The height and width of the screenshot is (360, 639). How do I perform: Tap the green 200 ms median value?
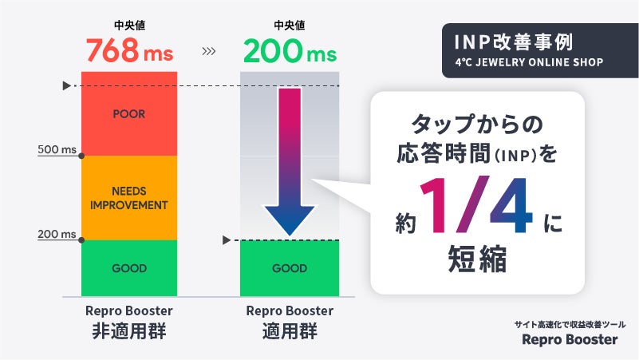point(289,52)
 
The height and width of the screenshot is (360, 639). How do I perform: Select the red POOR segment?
point(129,114)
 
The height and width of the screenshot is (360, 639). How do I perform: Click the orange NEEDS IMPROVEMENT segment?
point(129,198)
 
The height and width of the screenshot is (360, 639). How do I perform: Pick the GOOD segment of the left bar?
point(129,268)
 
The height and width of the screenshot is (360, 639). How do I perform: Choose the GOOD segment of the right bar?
point(290,268)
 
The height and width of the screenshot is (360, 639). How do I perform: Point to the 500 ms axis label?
point(57,149)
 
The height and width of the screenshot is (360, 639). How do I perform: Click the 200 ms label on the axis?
point(57,235)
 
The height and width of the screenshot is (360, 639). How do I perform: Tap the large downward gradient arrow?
point(290,160)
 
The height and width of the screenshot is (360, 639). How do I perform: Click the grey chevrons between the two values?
point(209,53)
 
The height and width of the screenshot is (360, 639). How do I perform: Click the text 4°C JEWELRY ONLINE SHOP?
point(529,61)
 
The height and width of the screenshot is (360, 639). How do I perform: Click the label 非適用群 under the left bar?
point(129,331)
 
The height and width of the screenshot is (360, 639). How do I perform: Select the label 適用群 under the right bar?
point(290,331)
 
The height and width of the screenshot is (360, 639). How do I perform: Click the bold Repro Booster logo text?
point(570,339)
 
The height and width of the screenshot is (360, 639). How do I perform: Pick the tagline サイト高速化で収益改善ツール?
point(570,323)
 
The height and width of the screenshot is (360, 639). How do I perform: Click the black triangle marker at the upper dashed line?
point(67,85)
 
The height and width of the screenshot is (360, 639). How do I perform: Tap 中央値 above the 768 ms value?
point(128,26)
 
